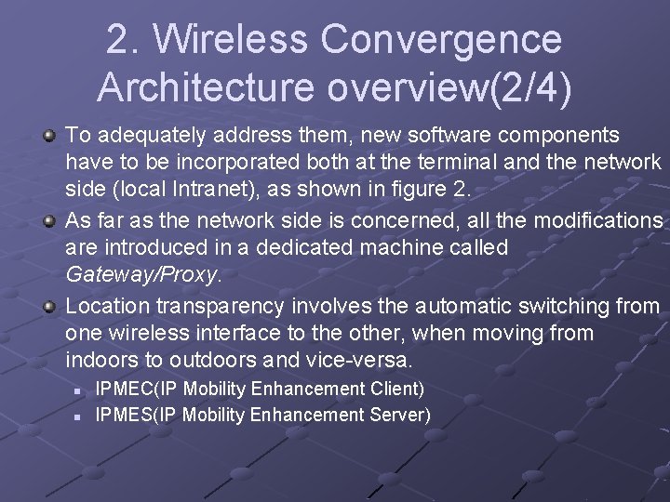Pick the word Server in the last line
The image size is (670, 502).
pyautogui.click(x=401, y=414)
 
